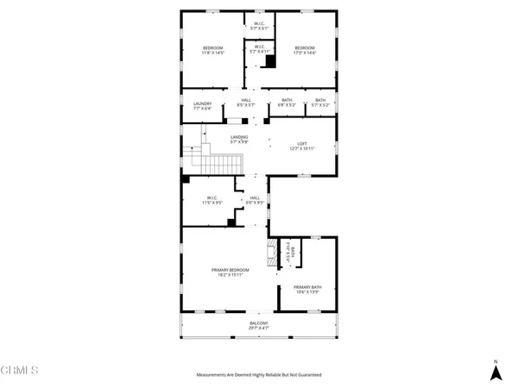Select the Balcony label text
click(x=259, y=322)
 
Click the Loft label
click(x=302, y=144)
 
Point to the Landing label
click(x=239, y=137)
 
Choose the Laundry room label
click(x=202, y=103)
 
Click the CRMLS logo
click(x=19, y=372)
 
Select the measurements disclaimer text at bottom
click(x=259, y=375)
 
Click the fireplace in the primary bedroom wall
click(x=273, y=253)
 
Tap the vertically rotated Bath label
click(x=292, y=252)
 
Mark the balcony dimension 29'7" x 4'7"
click(x=259, y=329)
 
